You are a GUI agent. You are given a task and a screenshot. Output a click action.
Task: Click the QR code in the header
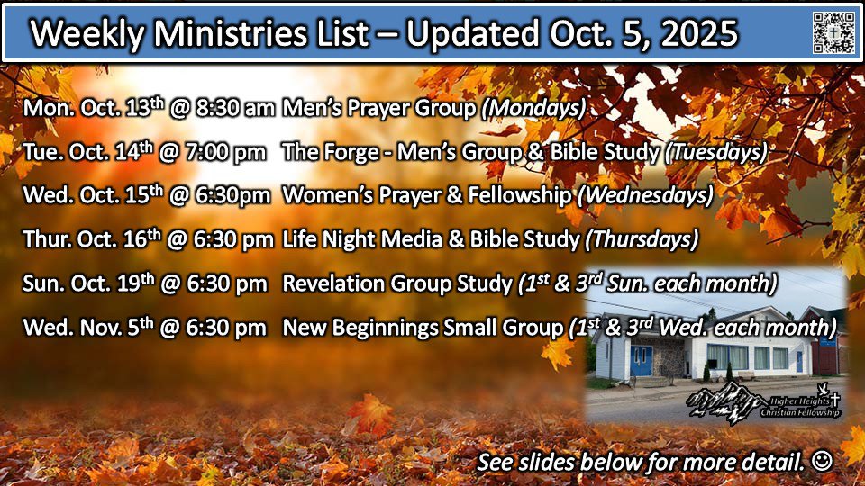(833, 32)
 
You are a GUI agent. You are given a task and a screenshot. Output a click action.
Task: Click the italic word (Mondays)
(533, 109)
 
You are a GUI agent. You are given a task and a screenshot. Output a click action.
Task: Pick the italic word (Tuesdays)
(716, 153)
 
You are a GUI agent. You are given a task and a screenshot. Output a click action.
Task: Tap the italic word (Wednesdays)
(645, 196)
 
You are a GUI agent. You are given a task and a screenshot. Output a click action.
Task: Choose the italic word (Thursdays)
(642, 240)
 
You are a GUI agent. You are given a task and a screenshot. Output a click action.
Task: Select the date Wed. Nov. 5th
(88, 328)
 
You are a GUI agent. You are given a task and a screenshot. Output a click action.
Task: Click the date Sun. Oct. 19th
(89, 283)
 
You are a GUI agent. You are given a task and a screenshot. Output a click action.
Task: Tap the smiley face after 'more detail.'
(822, 461)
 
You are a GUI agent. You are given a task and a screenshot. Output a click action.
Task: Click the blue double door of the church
(642, 361)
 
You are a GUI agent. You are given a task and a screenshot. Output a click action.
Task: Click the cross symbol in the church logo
(835, 399)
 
